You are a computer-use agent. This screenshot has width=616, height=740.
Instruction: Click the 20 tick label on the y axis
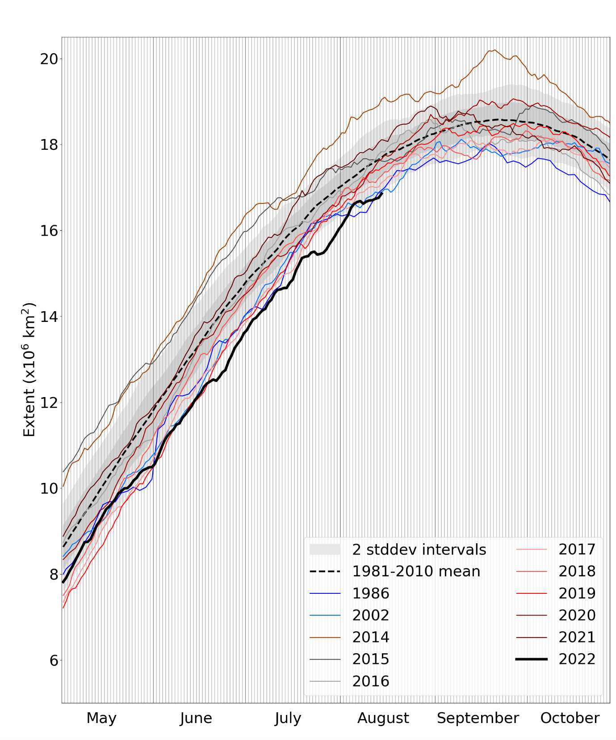coord(49,59)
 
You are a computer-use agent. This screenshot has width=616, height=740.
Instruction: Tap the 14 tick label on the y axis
coord(49,317)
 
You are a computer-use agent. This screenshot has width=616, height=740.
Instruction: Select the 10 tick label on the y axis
coord(49,488)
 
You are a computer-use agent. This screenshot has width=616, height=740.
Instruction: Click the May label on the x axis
coord(101,718)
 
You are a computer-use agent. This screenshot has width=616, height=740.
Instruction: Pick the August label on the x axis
coord(383,718)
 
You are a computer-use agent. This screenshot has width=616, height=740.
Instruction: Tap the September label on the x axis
coord(478,718)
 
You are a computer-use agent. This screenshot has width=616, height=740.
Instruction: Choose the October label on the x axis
coord(570,718)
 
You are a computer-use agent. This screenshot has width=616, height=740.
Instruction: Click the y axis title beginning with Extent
coord(29,370)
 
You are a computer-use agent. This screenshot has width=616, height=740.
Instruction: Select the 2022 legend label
coord(577,659)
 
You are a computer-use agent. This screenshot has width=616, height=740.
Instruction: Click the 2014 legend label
coord(370,637)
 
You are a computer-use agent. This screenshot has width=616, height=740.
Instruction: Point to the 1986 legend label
coord(370,593)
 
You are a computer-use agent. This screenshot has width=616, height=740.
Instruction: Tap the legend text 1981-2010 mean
coord(416,571)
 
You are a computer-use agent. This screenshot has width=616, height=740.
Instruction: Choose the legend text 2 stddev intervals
coord(419,550)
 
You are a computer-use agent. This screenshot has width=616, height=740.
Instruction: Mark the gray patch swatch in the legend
coord(325,550)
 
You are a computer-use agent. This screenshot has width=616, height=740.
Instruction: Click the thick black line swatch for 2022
coord(531,659)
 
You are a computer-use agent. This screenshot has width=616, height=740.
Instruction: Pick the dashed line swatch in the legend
coord(325,571)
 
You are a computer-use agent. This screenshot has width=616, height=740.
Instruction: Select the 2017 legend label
coord(577,550)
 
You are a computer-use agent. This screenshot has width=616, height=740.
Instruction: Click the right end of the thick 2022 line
coord(382,193)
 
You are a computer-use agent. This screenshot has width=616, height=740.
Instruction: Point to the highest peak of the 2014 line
coord(494,50)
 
